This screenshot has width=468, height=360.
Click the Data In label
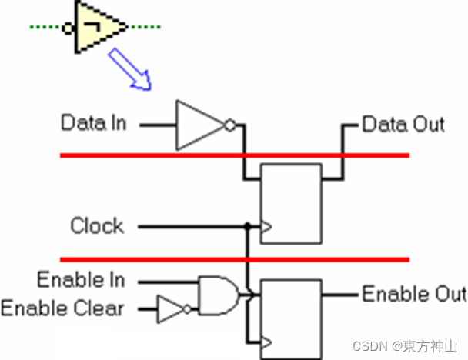tap(93, 123)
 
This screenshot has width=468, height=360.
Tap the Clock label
tap(97, 226)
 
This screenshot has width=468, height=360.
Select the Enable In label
tap(81, 279)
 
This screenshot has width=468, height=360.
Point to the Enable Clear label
tap(62, 309)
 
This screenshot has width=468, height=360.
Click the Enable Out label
tap(414, 294)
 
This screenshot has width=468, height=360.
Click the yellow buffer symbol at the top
tap(98, 27)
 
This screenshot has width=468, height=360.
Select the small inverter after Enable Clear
tap(172, 309)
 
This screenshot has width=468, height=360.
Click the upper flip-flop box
tap(291, 202)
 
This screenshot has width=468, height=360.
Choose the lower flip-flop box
tap(291, 316)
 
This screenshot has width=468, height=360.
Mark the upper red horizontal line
tap(234, 156)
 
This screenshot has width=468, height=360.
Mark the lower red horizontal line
tap(234, 259)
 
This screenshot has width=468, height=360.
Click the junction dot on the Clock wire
tap(247, 227)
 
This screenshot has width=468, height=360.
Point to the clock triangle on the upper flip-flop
tap(267, 227)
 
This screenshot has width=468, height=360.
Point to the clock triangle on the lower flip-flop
tap(267, 341)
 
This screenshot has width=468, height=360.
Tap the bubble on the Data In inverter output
tap(229, 124)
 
